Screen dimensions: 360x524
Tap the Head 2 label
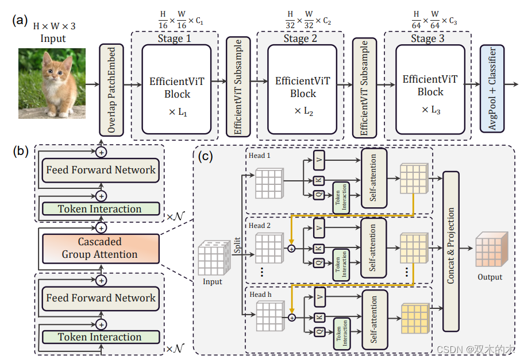(x=260, y=226)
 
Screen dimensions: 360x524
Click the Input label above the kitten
(x=53, y=39)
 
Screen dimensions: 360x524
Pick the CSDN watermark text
(x=475, y=349)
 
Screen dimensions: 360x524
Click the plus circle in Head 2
(x=291, y=249)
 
